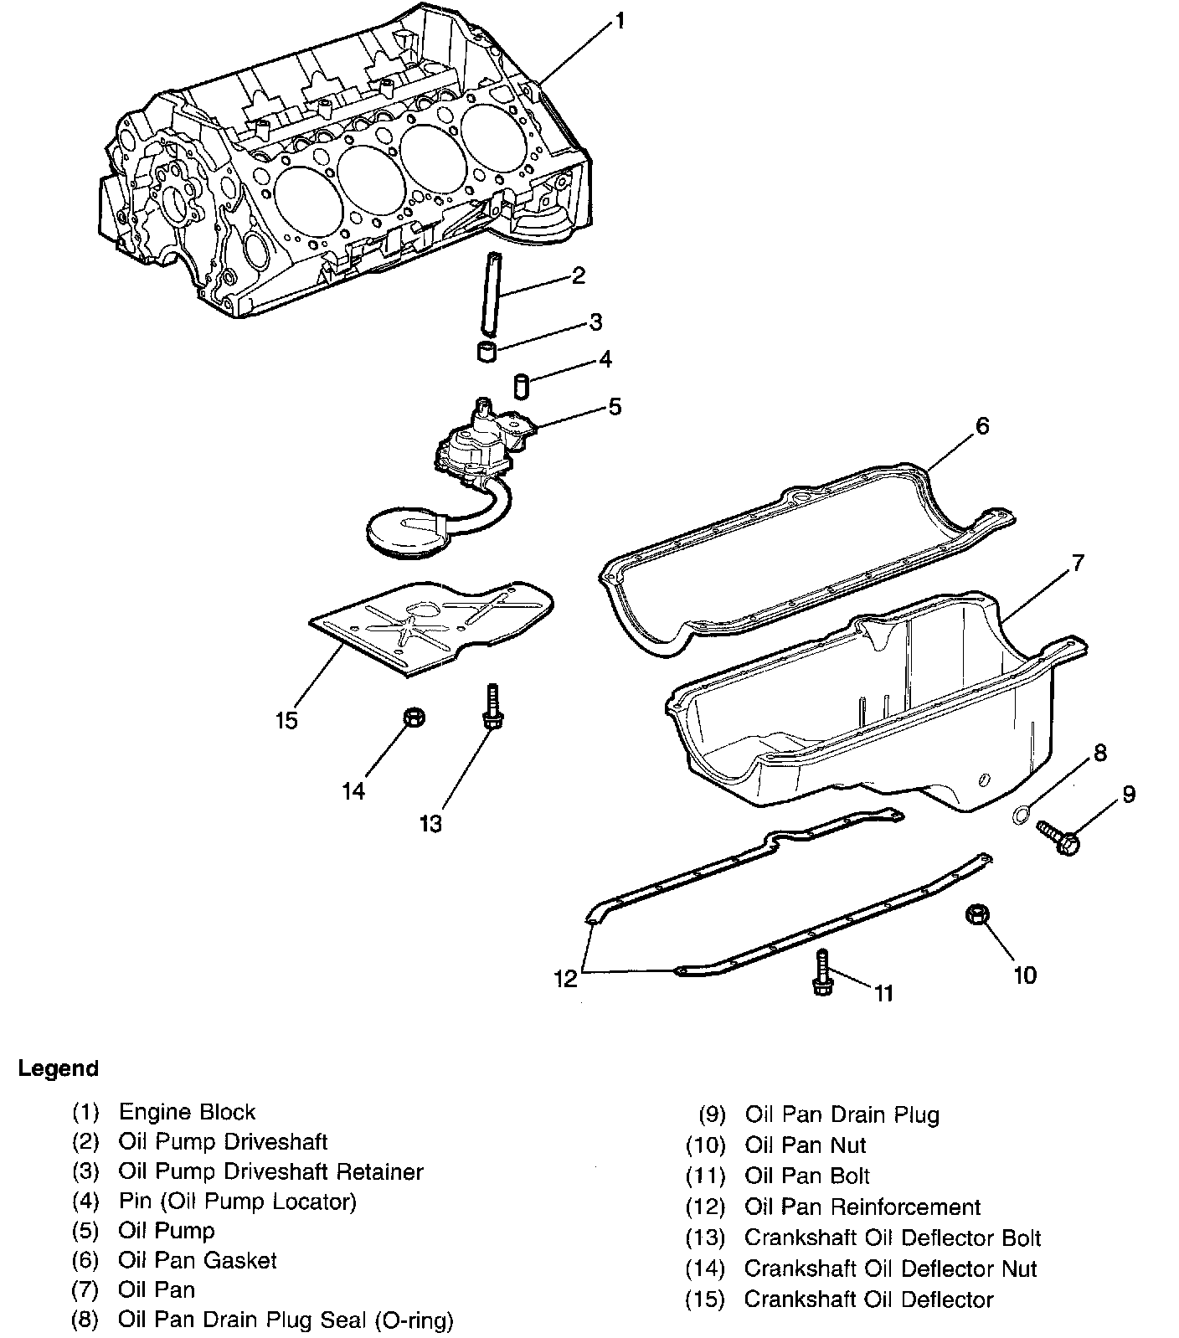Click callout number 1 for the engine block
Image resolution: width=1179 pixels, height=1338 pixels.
619,20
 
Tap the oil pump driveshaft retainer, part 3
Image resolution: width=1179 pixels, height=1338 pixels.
487,352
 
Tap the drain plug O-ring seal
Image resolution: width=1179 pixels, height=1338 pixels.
1021,814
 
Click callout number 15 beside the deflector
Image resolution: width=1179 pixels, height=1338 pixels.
286,720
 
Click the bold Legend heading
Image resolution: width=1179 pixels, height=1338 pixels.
58,1068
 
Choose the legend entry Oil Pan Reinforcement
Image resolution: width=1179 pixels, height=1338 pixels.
862,1207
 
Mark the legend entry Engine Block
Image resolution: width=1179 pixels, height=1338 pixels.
187,1112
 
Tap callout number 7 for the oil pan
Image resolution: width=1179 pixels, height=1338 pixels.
1077,563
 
